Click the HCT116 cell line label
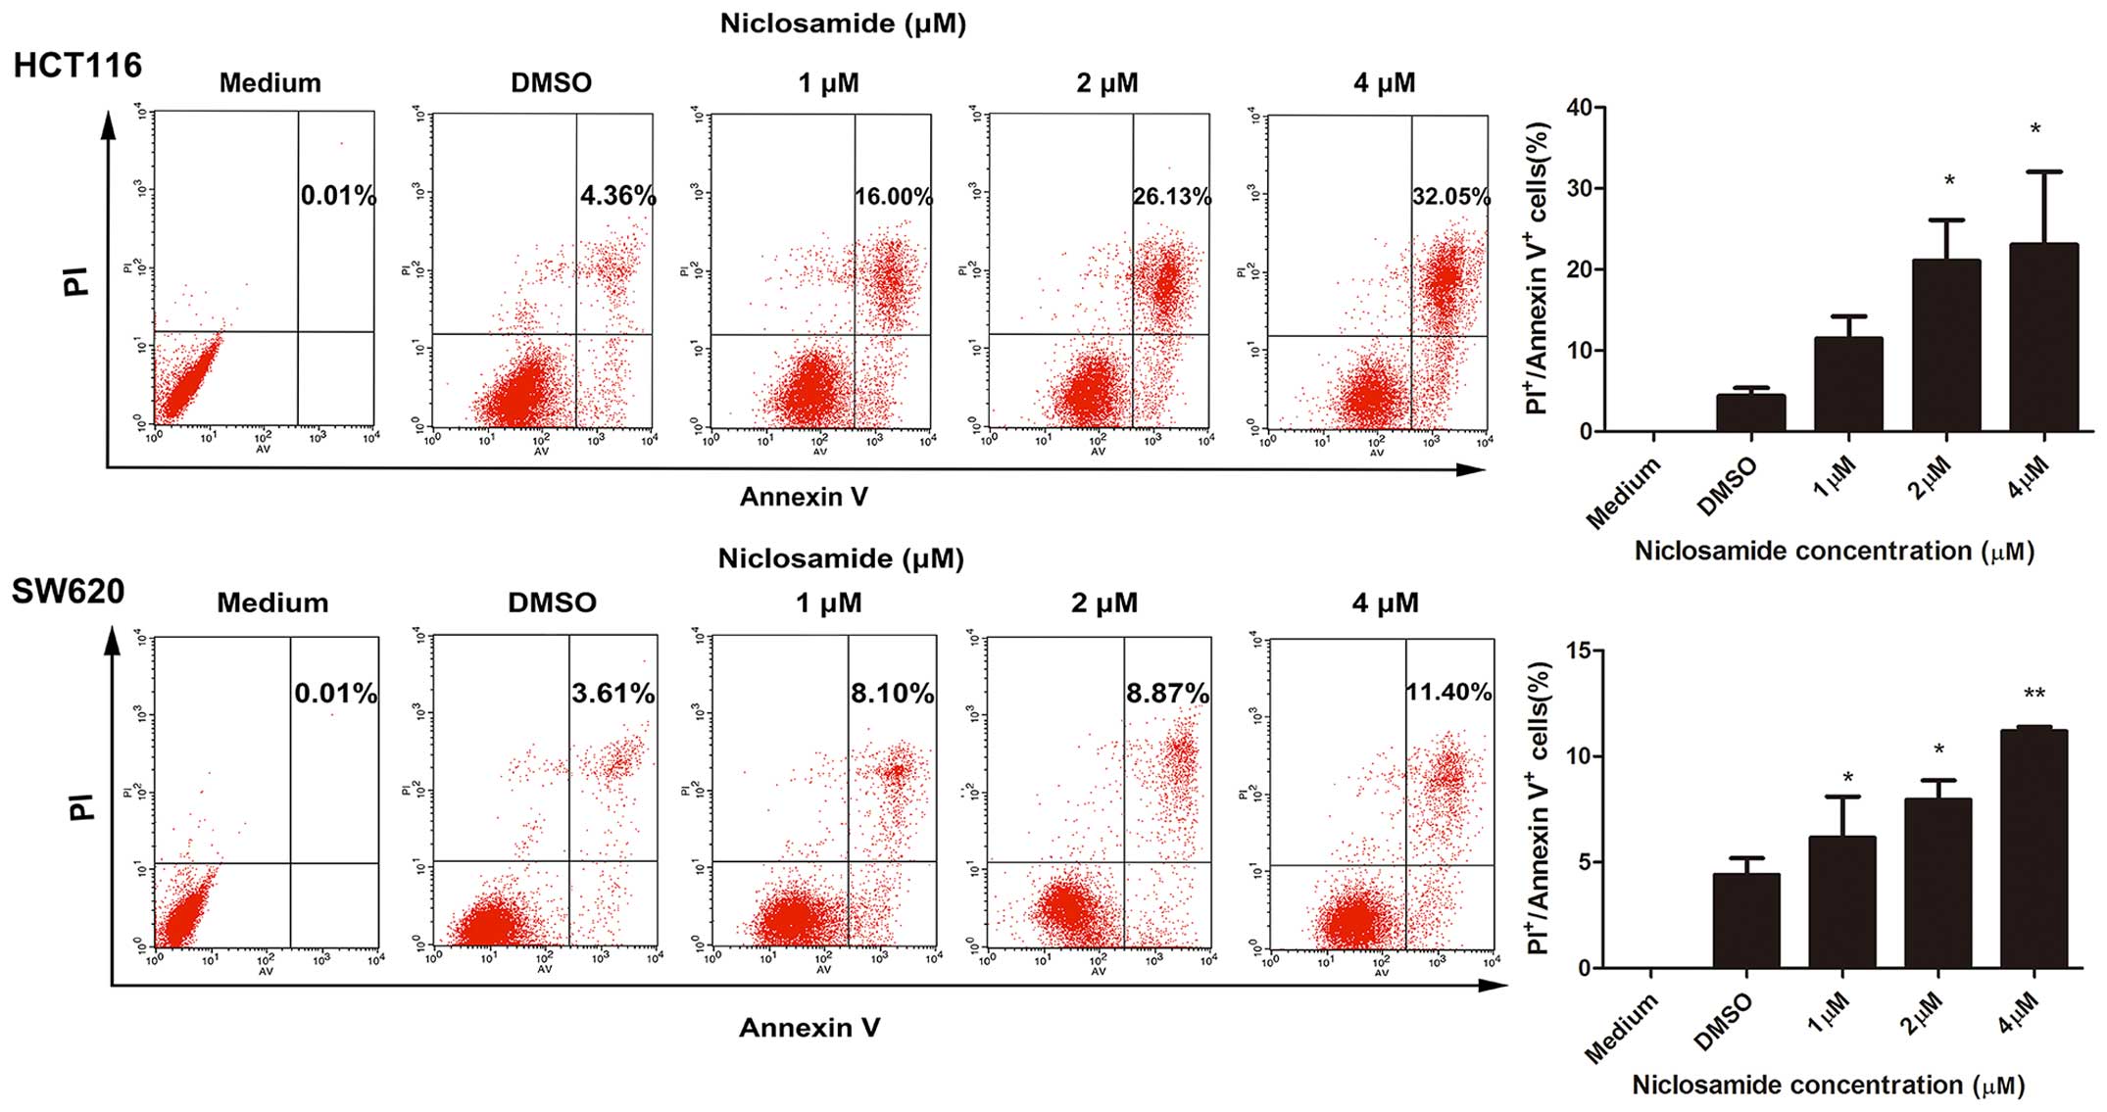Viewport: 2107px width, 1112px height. (77, 66)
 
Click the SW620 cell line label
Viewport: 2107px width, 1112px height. (68, 592)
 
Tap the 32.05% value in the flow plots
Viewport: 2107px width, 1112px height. (1450, 197)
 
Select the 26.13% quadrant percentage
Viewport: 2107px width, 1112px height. (1172, 197)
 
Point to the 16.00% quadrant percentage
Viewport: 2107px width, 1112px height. (893, 197)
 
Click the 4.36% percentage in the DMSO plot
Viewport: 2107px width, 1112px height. (617, 196)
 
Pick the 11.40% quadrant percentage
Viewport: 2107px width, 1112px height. (1448, 693)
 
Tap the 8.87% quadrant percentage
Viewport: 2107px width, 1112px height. (1167, 694)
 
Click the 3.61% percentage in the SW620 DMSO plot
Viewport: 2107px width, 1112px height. (613, 694)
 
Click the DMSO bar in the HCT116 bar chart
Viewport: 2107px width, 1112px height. (1750, 412)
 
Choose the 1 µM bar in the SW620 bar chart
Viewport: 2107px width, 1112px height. (1841, 901)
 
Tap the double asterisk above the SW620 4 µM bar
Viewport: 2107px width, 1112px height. (2034, 695)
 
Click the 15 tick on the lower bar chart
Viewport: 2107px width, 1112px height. (1578, 651)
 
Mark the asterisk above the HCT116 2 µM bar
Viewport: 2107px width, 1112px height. (1949, 181)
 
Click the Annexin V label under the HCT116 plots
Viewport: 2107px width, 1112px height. (804, 497)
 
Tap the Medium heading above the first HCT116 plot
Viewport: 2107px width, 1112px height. (269, 83)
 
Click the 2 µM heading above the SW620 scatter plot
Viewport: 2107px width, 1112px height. (1104, 603)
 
